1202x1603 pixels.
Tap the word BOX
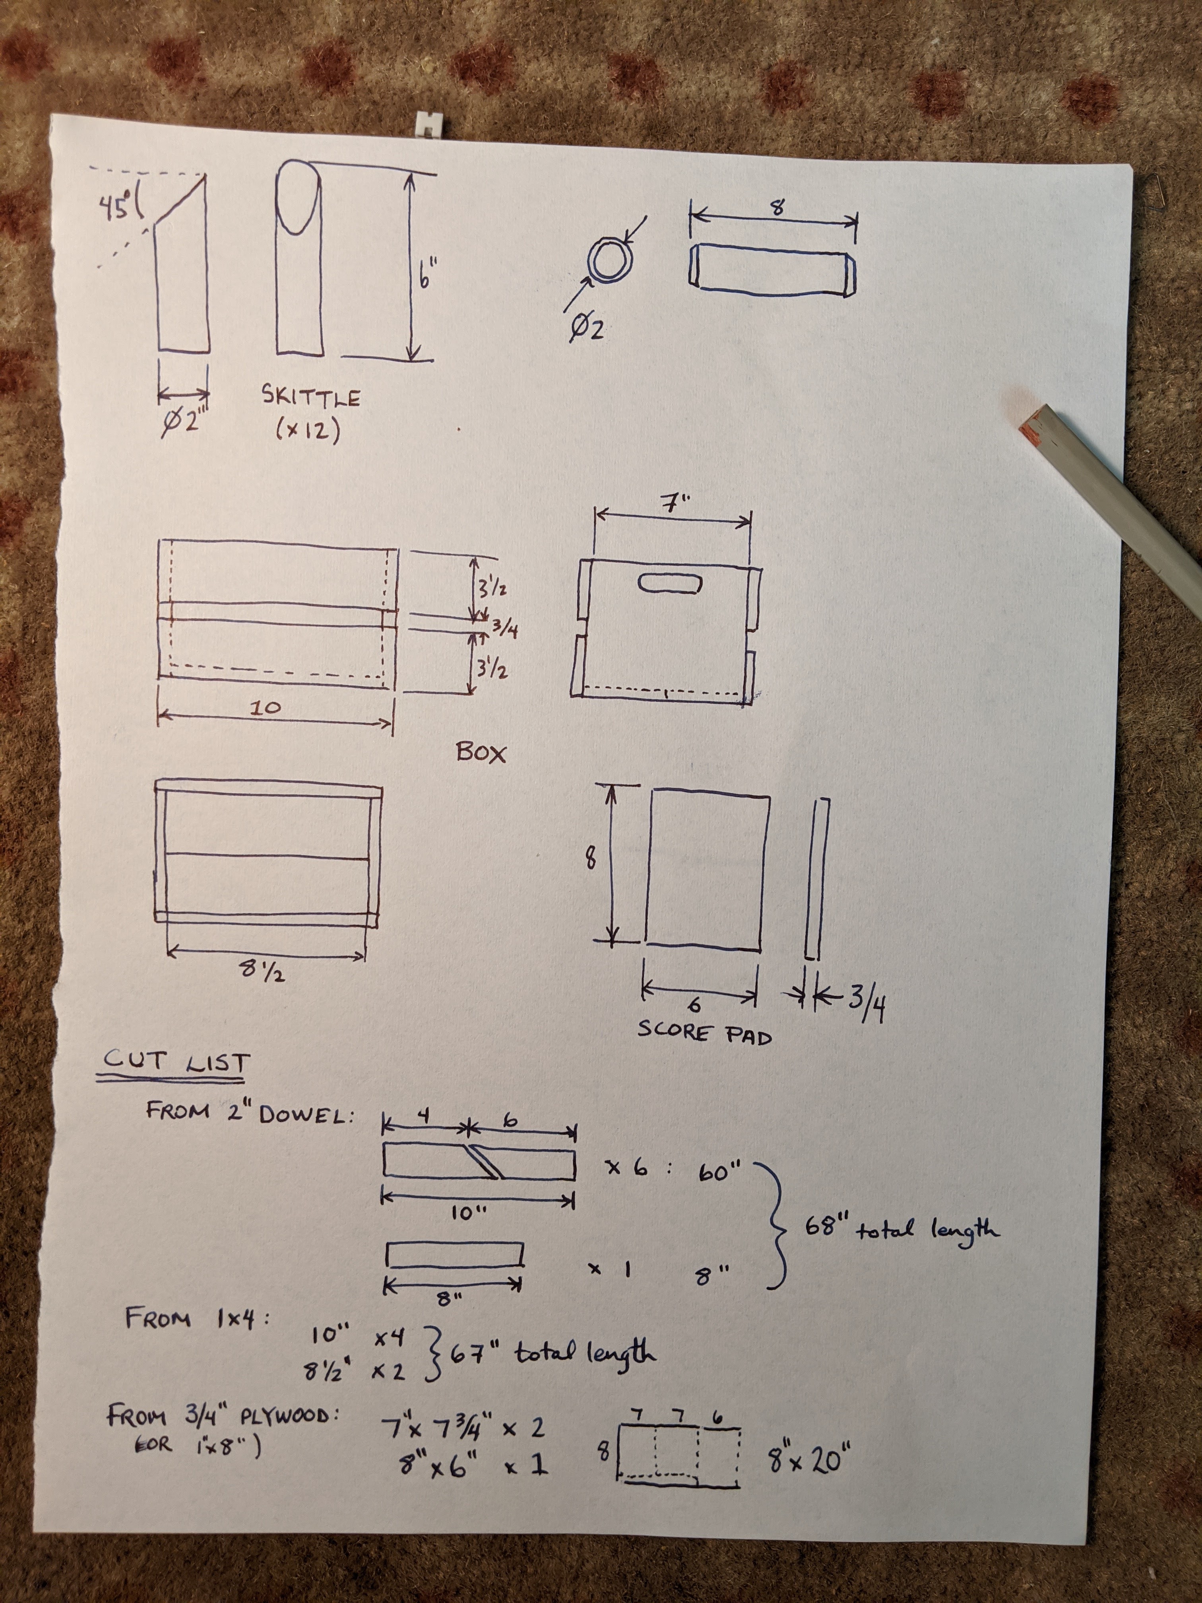(x=481, y=753)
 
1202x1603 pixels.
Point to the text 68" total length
(x=901, y=1228)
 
